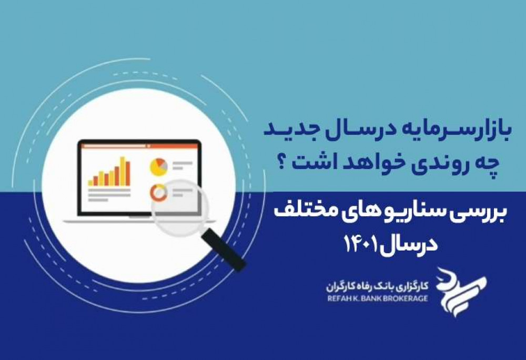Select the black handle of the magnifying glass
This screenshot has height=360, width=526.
coord(223,248)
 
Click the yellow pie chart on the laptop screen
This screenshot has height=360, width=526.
coord(159,167)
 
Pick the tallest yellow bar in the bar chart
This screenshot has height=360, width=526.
coord(123,171)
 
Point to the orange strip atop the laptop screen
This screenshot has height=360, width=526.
coord(140,146)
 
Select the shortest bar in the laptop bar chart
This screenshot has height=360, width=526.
coord(90,183)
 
